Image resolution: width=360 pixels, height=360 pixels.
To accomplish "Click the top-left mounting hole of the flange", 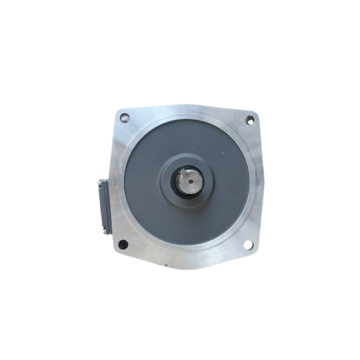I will pyautogui.click(x=125, y=118).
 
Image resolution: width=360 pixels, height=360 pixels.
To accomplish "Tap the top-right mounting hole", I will pyautogui.click(x=250, y=120).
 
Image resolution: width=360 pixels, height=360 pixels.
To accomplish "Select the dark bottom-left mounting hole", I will pyautogui.click(x=123, y=244).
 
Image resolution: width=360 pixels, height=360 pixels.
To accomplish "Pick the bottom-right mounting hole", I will pyautogui.click(x=248, y=244).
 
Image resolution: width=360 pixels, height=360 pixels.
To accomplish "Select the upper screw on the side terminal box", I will pyautogui.click(x=100, y=182).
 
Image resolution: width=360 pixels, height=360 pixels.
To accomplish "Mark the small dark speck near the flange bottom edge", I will pyautogui.click(x=166, y=265).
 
